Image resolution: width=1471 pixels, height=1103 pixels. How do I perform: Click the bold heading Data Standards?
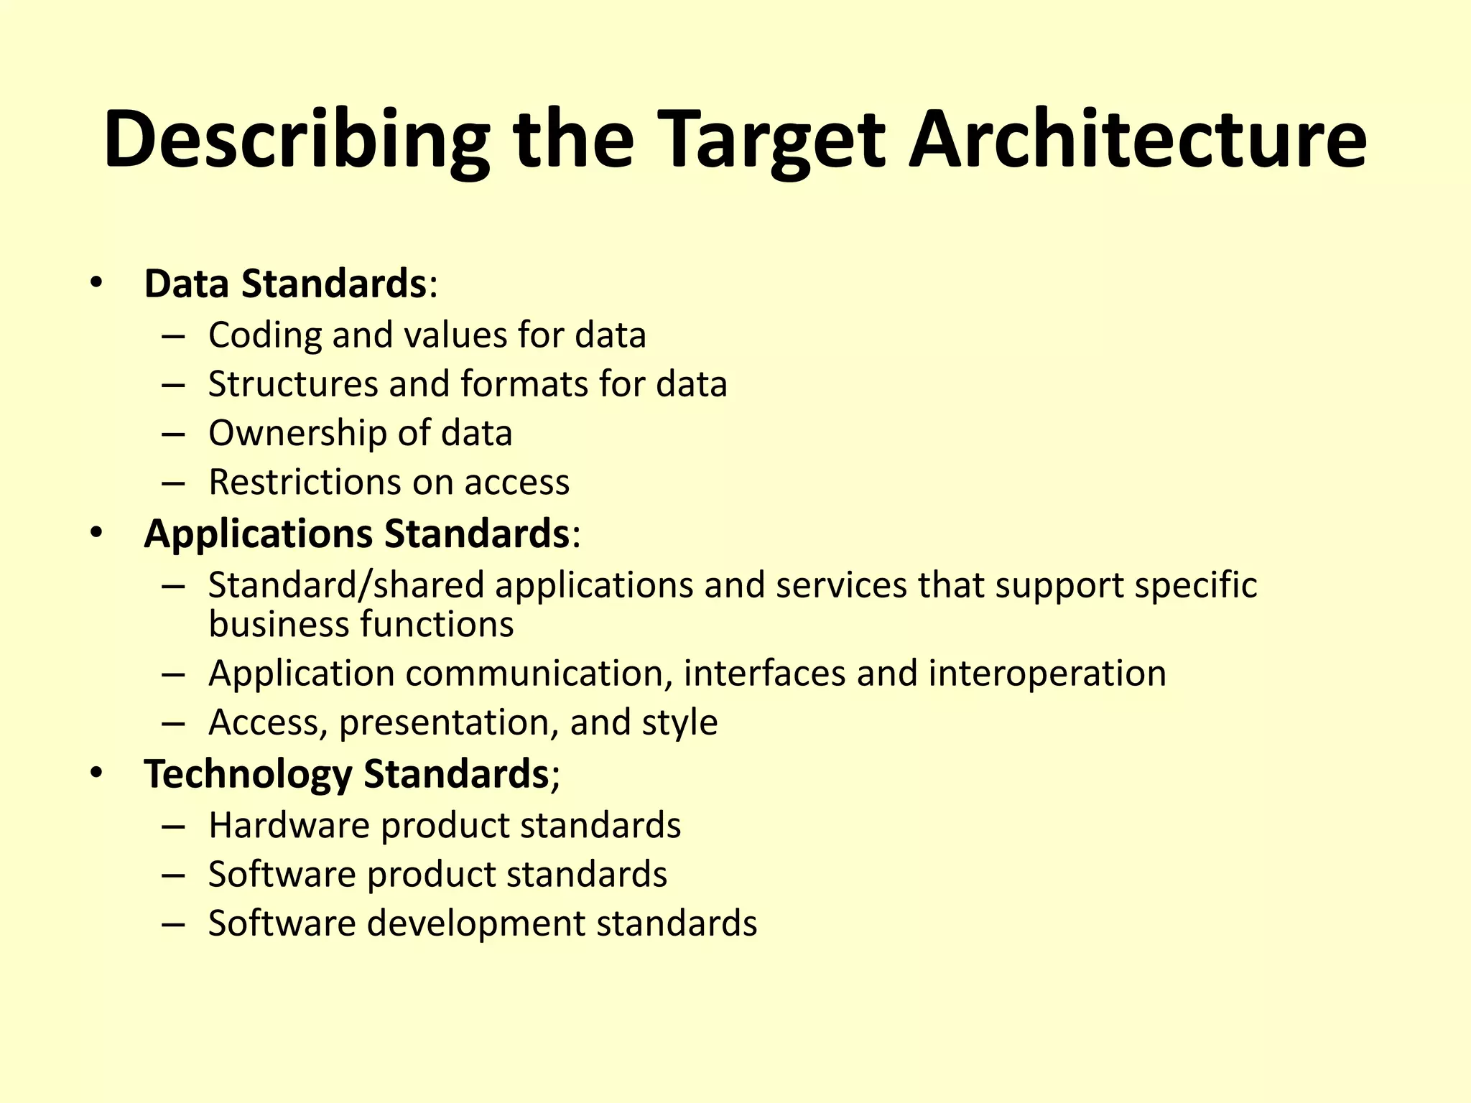(286, 284)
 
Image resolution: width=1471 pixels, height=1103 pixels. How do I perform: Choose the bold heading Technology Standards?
(346, 774)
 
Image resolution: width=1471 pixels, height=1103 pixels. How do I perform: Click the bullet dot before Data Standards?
(97, 284)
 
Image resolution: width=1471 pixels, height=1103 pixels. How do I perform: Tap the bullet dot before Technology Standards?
(97, 773)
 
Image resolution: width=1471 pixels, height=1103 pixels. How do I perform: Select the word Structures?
(293, 384)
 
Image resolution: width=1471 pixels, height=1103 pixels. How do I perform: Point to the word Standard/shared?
(346, 585)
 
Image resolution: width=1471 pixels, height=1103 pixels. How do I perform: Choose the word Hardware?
(289, 826)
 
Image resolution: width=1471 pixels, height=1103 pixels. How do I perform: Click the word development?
(476, 923)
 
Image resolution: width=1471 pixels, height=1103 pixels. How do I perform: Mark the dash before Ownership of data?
(173, 434)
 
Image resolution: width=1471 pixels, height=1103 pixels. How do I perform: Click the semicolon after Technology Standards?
(554, 776)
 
